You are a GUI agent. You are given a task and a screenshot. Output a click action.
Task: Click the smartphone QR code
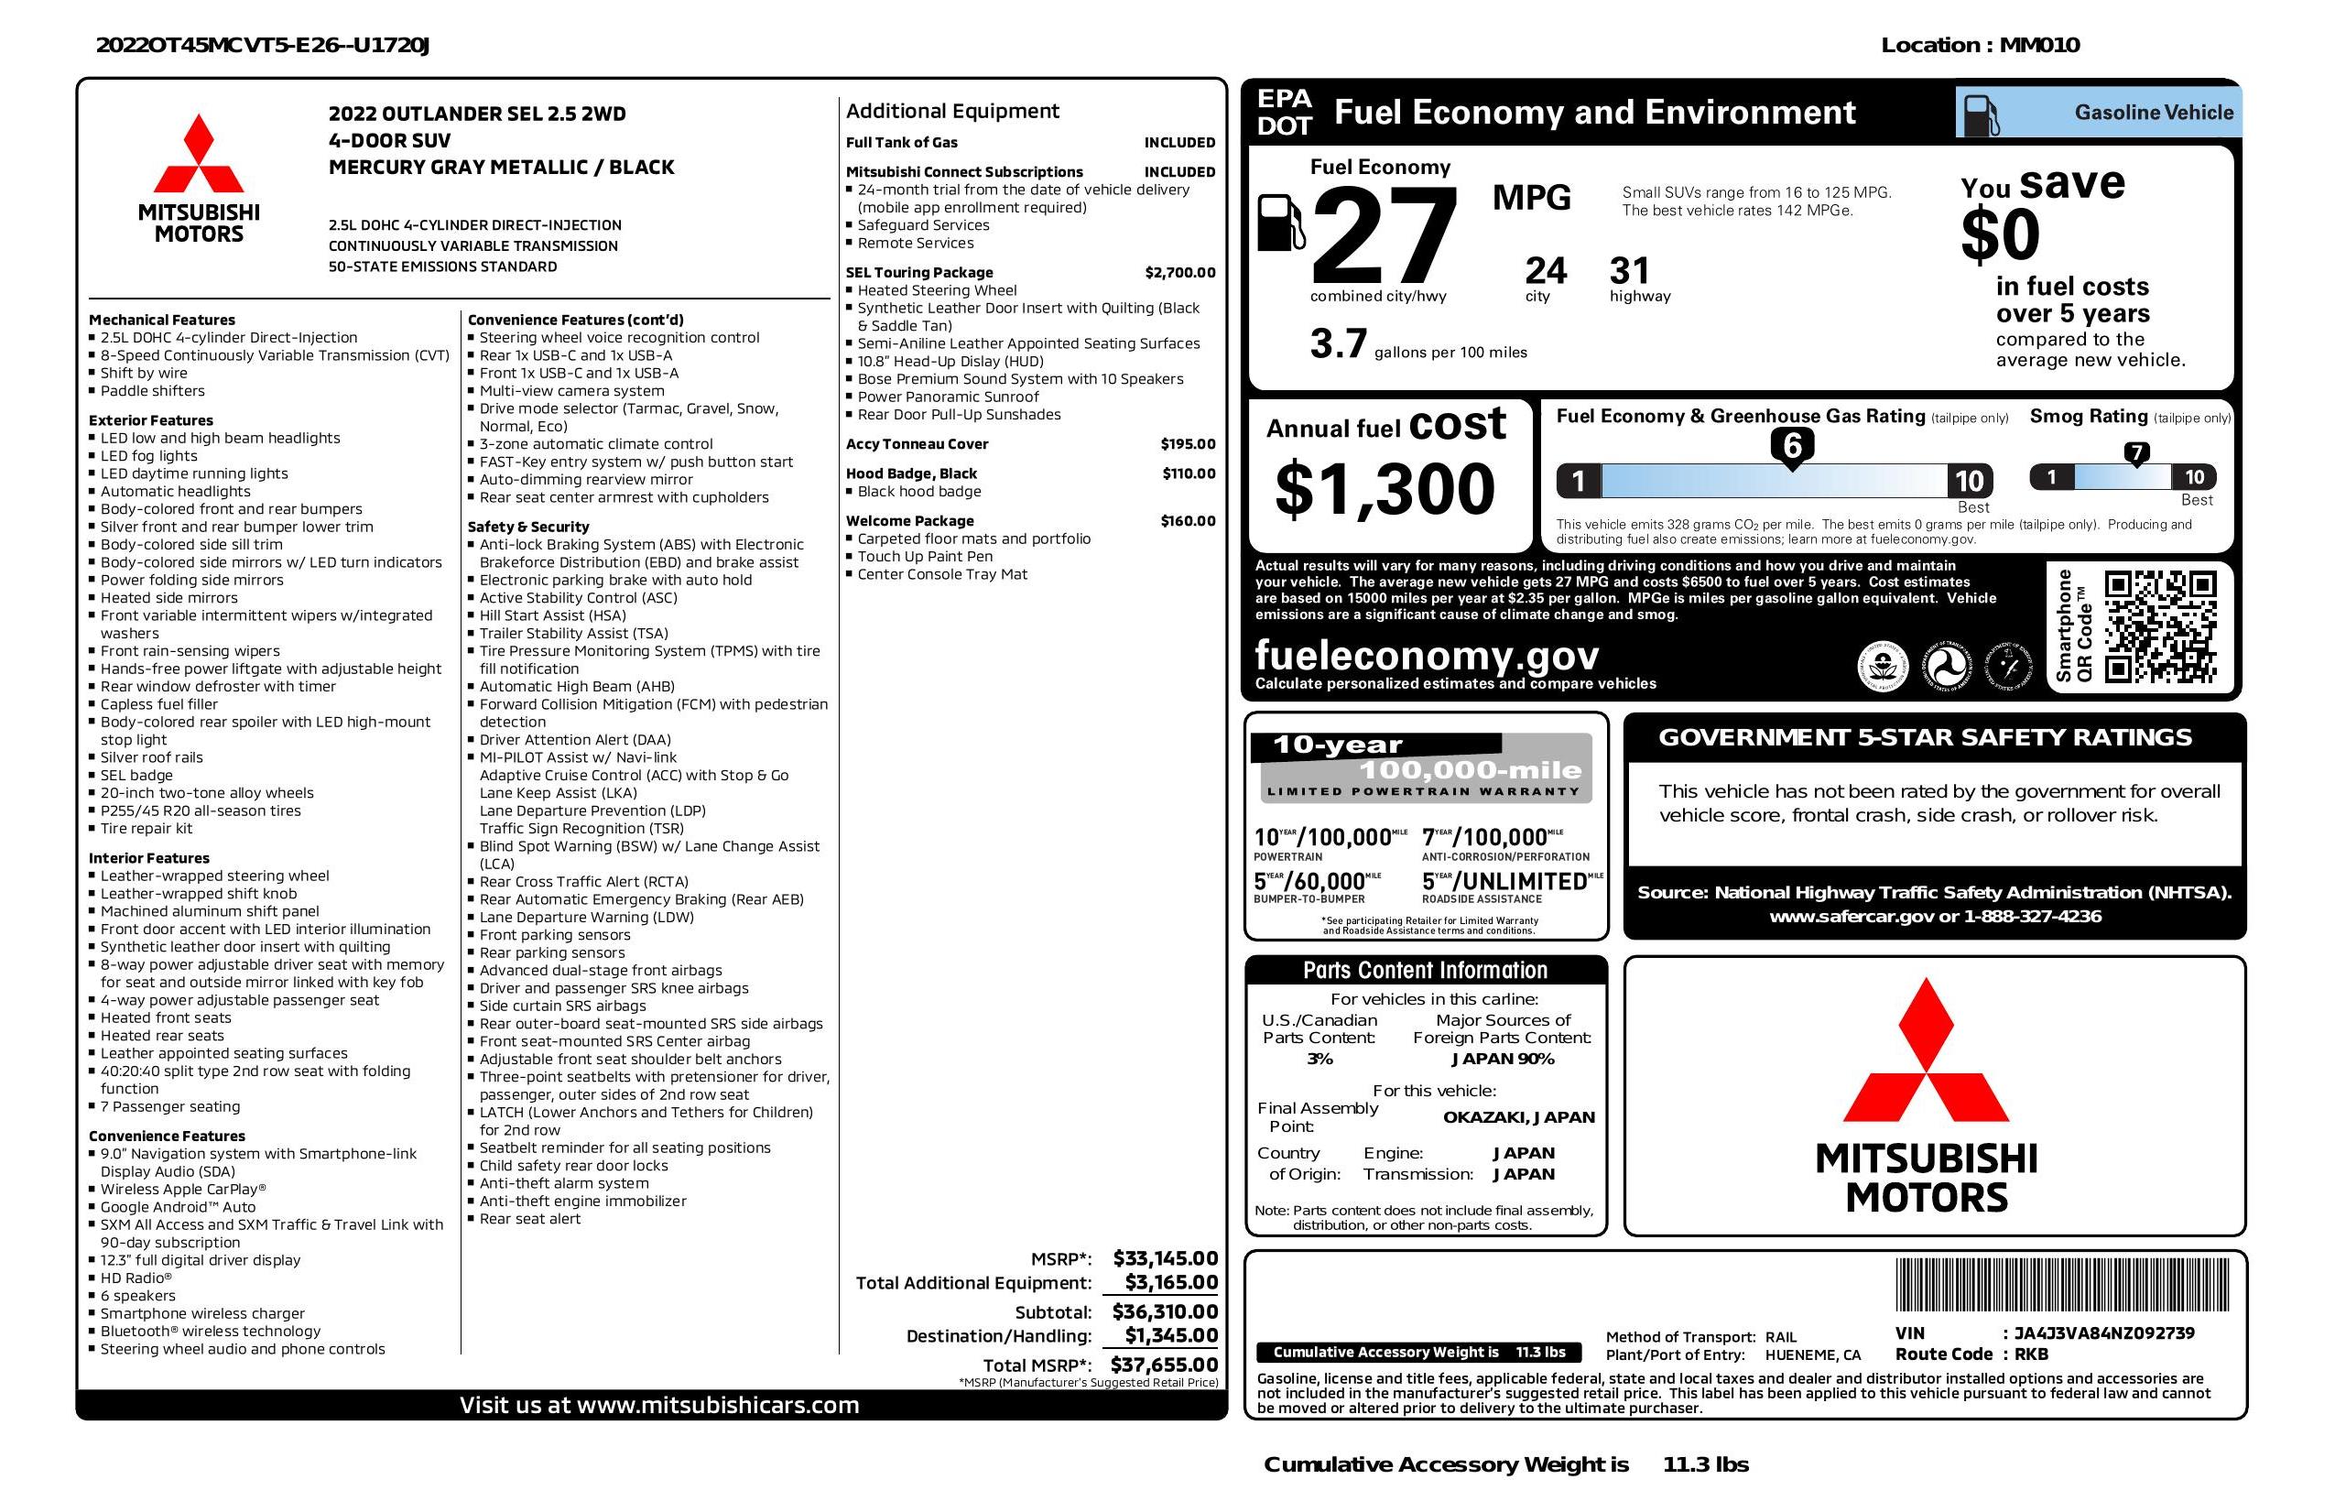2159,627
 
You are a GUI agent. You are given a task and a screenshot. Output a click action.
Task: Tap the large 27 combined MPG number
1383,235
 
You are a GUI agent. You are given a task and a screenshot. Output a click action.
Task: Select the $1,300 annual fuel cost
1385,490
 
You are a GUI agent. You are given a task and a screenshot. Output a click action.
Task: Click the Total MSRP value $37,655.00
1164,1365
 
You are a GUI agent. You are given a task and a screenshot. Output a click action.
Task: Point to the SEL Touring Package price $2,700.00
1179,273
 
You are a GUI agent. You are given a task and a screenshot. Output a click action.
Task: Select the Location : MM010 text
1980,45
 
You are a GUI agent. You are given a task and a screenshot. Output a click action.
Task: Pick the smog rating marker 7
2135,453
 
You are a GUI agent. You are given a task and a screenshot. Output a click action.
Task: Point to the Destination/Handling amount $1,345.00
1170,1335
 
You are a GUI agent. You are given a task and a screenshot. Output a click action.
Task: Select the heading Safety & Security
527,527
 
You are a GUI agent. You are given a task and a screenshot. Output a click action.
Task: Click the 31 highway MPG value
1630,271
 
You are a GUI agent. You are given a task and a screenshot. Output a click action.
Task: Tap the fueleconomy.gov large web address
1427,655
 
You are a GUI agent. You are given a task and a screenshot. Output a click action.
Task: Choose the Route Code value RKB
2031,1354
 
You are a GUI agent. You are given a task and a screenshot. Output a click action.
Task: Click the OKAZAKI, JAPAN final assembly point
1518,1117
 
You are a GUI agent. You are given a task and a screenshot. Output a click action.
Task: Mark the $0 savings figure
2000,236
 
